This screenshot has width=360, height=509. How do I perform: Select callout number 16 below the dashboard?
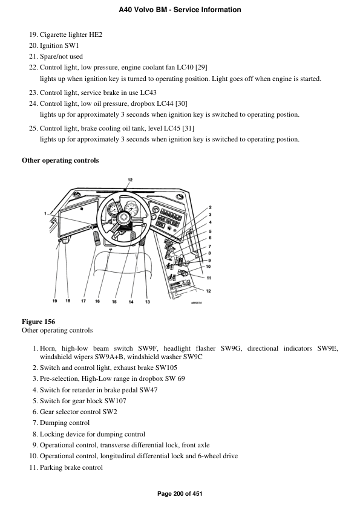[x=97, y=300]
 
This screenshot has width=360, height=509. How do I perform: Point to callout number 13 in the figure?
[x=147, y=301]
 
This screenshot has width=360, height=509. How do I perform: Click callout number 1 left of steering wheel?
[x=45, y=213]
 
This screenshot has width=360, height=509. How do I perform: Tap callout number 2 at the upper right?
[x=209, y=207]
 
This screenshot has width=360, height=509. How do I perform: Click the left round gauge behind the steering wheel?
[x=111, y=212]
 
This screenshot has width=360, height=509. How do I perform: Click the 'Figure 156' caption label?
[x=39, y=322]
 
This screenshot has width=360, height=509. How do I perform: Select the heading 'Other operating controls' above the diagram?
[x=61, y=160]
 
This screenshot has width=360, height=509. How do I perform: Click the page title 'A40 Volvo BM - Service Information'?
[x=180, y=10]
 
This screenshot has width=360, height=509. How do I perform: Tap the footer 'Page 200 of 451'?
[x=180, y=494]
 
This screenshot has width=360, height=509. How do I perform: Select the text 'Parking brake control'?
[x=71, y=467]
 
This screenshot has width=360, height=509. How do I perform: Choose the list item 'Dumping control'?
[x=65, y=423]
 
